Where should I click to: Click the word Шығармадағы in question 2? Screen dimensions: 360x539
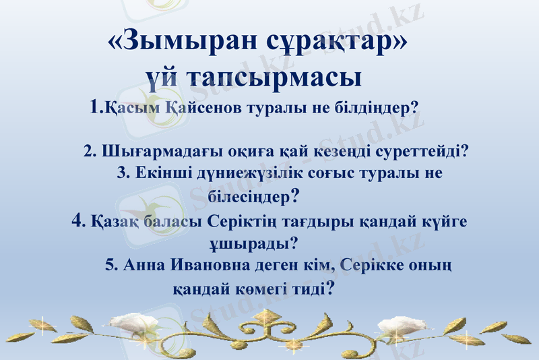pos(148,151)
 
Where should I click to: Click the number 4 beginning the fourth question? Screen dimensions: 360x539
pos(77,220)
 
